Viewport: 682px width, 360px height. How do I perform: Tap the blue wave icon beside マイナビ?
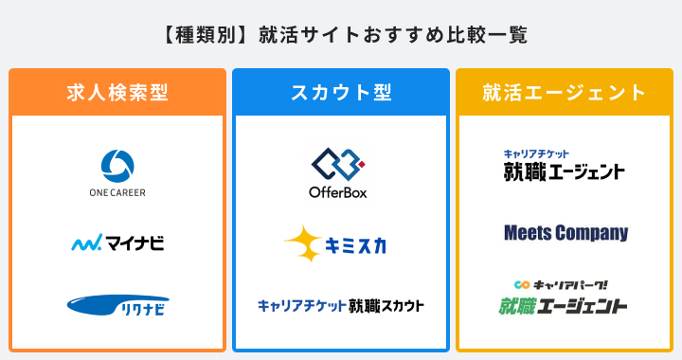[x=86, y=243]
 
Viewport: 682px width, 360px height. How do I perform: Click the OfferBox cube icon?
[x=338, y=162]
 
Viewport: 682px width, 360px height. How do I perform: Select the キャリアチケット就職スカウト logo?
[x=340, y=305]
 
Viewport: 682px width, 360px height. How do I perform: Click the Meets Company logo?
[x=565, y=232]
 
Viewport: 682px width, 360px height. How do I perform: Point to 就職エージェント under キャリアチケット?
[x=564, y=171]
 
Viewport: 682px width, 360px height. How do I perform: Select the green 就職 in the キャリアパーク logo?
[x=521, y=306]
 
